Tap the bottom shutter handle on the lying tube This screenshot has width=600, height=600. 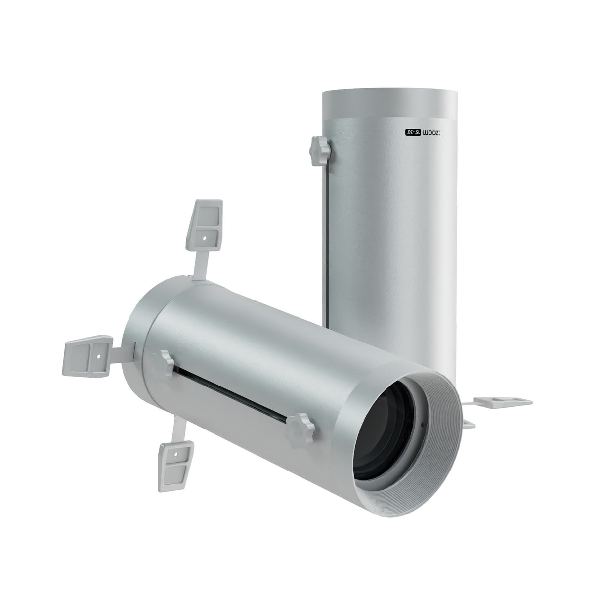(176, 452)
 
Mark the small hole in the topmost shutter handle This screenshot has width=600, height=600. (204, 237)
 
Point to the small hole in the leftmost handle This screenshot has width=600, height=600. (99, 355)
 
